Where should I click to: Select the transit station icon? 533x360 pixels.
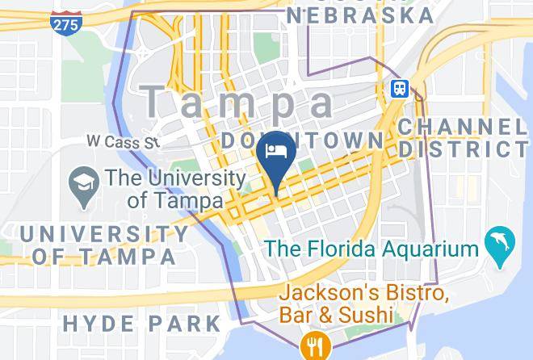[400, 89]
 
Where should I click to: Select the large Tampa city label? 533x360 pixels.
[237, 102]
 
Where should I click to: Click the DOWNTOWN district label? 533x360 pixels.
[303, 140]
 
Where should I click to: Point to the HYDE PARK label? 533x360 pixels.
[141, 324]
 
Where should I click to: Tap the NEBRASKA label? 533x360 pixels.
[360, 15]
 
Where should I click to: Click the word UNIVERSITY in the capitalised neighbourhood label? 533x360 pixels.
[104, 235]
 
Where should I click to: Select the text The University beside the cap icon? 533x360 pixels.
[175, 178]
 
